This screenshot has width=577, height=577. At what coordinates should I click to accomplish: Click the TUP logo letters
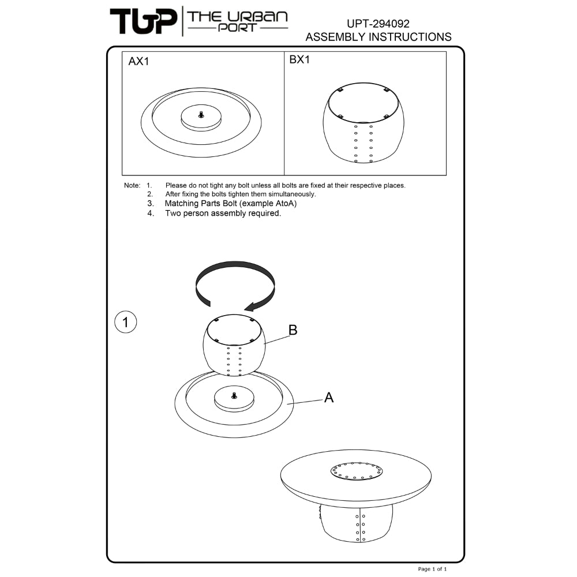pyautogui.click(x=143, y=22)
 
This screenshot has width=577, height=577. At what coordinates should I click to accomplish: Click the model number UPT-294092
pyautogui.click(x=378, y=24)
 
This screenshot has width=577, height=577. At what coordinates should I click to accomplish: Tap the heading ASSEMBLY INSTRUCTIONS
pyautogui.click(x=379, y=37)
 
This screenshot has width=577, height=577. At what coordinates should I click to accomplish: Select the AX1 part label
pyautogui.click(x=138, y=61)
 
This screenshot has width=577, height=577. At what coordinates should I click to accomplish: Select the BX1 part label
pyautogui.click(x=299, y=59)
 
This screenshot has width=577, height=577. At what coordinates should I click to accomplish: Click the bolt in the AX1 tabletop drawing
pyautogui.click(x=201, y=115)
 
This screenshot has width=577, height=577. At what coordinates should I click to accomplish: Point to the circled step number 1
pyautogui.click(x=125, y=322)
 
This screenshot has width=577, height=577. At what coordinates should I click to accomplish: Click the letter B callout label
pyautogui.click(x=293, y=330)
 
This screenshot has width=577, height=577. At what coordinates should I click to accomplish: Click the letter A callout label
pyautogui.click(x=329, y=398)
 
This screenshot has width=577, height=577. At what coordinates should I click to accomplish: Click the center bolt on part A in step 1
pyautogui.click(x=234, y=396)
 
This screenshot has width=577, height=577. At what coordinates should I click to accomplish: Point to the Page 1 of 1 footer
pyautogui.click(x=432, y=569)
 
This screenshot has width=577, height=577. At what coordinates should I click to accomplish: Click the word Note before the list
pyautogui.click(x=132, y=185)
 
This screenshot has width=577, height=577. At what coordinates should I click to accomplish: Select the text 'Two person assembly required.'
pyautogui.click(x=223, y=213)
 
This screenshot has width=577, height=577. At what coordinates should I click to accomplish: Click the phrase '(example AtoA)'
pyautogui.click(x=268, y=204)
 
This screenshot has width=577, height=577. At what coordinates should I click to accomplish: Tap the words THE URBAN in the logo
pyautogui.click(x=237, y=17)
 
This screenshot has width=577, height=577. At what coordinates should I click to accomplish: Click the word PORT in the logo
pyautogui.click(x=237, y=28)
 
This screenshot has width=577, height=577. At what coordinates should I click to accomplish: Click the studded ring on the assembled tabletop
pyautogui.click(x=356, y=471)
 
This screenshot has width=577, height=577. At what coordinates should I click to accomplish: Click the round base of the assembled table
pyautogui.click(x=356, y=523)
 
